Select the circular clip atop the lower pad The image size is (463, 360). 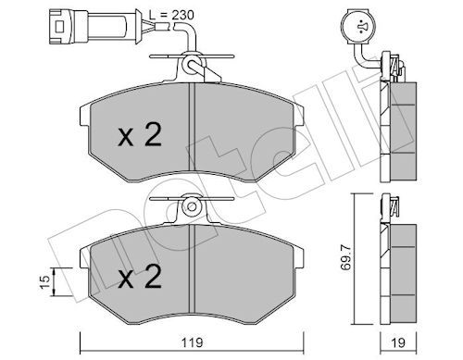click(x=191, y=205)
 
